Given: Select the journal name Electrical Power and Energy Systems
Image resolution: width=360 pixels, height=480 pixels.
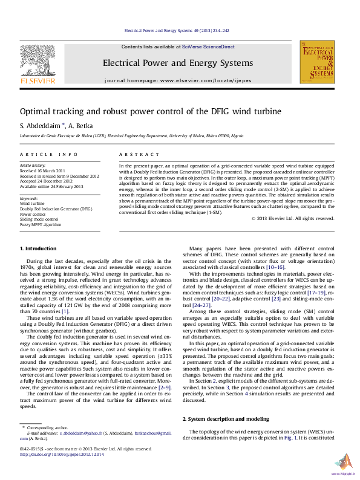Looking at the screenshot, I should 178,63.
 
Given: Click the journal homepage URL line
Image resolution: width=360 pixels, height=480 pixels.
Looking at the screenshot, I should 178,80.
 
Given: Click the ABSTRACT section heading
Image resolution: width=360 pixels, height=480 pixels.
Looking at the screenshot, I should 135,155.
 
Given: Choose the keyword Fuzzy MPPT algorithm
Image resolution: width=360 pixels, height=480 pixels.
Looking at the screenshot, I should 41,224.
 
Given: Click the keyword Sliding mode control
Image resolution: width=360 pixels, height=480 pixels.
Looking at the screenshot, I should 39,219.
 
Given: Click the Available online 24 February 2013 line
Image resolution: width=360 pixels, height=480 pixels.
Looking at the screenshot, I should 51,186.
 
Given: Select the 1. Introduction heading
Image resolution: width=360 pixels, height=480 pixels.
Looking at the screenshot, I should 39,248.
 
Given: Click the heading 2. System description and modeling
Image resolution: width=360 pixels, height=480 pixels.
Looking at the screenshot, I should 226,419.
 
